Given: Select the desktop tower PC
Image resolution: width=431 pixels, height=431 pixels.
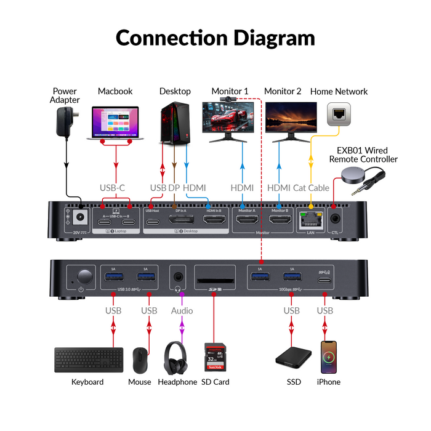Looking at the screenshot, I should click(174, 122).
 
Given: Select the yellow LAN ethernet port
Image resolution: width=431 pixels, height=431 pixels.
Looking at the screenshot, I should click(309, 219).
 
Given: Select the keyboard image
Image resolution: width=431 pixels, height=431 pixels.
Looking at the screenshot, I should click(87, 360).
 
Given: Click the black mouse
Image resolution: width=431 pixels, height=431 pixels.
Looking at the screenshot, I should click(140, 360).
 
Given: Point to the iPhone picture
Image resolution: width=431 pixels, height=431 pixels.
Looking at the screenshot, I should click(328, 356).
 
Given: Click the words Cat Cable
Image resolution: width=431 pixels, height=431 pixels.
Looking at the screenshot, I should click(312, 188).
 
